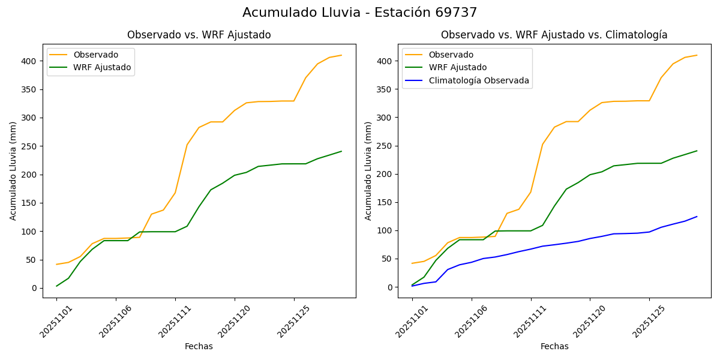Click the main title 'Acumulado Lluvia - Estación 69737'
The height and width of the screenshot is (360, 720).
(360, 13)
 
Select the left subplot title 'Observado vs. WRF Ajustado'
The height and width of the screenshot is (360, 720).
(199, 35)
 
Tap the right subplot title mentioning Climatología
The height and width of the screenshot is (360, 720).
(554, 35)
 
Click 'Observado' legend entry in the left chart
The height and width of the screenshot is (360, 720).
(95, 55)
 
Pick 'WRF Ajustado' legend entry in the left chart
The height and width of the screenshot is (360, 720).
(102, 67)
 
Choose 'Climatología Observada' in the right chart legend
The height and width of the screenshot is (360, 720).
(479, 80)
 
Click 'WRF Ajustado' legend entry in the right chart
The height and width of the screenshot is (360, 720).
(457, 67)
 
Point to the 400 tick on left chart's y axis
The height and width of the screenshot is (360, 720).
(30, 61)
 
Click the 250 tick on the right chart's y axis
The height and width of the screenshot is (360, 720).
(385, 146)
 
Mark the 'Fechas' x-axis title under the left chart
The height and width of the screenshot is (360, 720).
(199, 346)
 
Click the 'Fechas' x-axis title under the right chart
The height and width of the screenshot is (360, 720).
(554, 346)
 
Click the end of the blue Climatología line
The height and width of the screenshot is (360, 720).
(697, 217)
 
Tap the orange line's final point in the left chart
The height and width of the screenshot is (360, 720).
(341, 55)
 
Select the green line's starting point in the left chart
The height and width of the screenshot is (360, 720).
(56, 286)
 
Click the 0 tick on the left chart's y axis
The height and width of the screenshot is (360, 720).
(34, 288)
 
